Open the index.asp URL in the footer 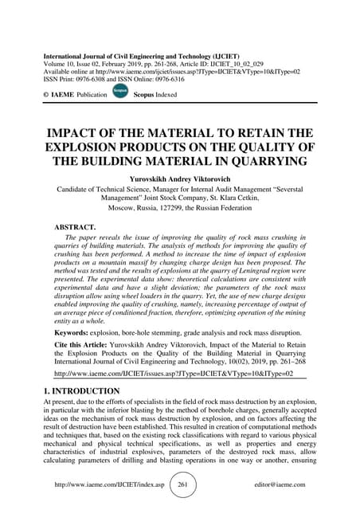[x=108, y=484]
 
